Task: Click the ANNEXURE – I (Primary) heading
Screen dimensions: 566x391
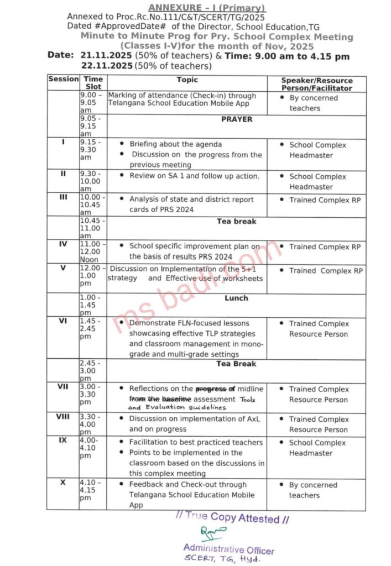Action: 206,8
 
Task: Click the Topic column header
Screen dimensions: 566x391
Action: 187,80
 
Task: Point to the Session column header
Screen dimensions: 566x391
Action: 63,80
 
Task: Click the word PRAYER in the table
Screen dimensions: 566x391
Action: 236,119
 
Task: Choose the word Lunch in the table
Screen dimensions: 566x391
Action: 236,298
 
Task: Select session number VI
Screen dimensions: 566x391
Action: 63,321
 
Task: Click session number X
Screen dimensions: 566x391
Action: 63,483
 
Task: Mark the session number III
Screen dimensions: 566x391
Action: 63,197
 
